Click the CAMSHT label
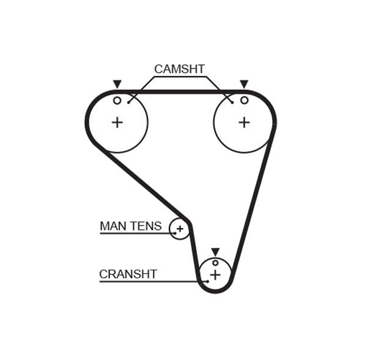179,69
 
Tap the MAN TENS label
130,226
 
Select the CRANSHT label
128,274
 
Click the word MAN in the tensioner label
112,226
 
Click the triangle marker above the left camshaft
117,84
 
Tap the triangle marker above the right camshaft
244,84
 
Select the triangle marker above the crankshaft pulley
215,251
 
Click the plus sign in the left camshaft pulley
117,122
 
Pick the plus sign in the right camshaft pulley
244,122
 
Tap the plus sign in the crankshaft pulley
215,275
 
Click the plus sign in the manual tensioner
180,229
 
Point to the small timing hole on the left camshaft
117,100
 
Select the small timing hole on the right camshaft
244,100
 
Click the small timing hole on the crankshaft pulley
215,263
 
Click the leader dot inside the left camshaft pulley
128,102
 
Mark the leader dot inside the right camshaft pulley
232,102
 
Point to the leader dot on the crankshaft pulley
207,281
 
